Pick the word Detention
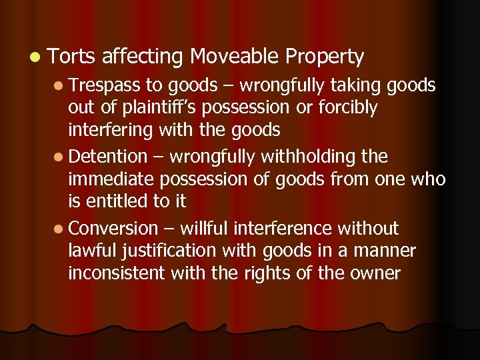pos(107,157)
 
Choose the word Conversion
pos(113,229)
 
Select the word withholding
pos(309,157)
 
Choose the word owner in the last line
pos(373,273)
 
